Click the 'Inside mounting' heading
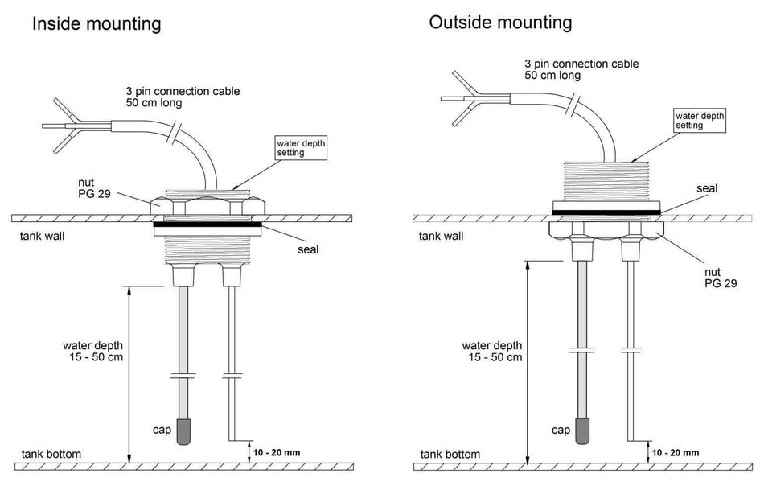(96, 23)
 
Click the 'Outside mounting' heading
(500, 23)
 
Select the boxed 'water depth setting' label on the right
(699, 121)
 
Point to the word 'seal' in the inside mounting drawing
(307, 249)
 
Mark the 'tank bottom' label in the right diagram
(450, 454)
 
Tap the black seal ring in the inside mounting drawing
(206, 225)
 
